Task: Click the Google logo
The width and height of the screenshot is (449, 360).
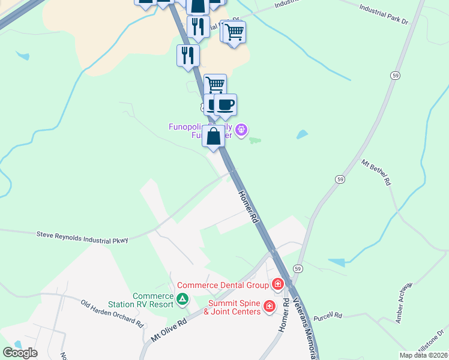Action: [20, 352]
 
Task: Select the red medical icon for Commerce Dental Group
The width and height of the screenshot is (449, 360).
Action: [277, 283]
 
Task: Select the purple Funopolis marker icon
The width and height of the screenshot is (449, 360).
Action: [241, 129]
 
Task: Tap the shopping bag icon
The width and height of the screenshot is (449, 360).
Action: [213, 136]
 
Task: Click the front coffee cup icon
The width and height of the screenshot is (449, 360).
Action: [225, 105]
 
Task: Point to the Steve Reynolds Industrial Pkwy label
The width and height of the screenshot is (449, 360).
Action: [82, 237]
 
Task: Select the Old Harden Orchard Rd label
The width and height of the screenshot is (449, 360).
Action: [112, 313]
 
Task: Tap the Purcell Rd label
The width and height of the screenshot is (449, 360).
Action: [327, 316]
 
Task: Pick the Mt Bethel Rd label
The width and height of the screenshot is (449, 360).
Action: [376, 172]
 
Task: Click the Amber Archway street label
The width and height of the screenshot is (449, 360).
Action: [405, 302]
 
